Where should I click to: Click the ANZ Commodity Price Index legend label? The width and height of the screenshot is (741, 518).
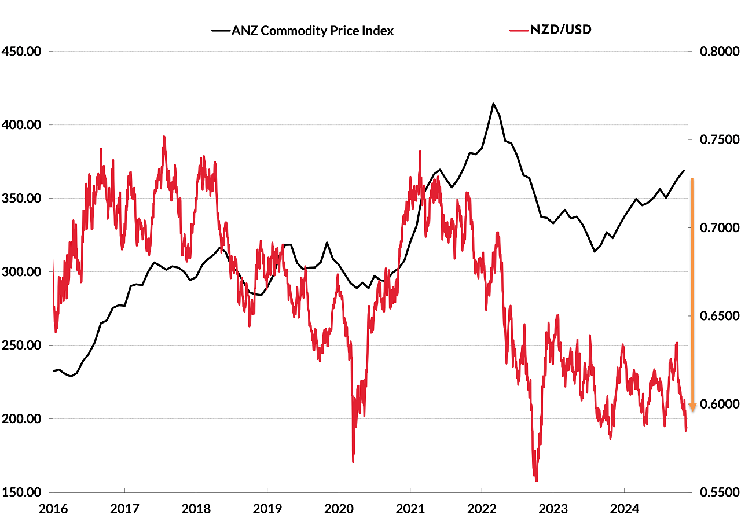[x=313, y=31]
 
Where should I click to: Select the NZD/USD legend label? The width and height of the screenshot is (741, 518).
[x=561, y=30]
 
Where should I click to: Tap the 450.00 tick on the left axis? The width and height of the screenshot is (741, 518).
[x=21, y=52]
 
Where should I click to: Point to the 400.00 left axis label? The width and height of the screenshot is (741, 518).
[x=21, y=125]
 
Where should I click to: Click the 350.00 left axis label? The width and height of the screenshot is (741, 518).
[x=21, y=199]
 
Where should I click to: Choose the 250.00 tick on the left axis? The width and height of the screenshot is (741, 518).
[x=21, y=346]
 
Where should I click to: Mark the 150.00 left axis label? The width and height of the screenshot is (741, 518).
[x=21, y=493]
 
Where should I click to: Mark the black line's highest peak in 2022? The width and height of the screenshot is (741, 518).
[x=493, y=104]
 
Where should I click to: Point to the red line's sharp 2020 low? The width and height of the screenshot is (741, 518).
[x=353, y=462]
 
